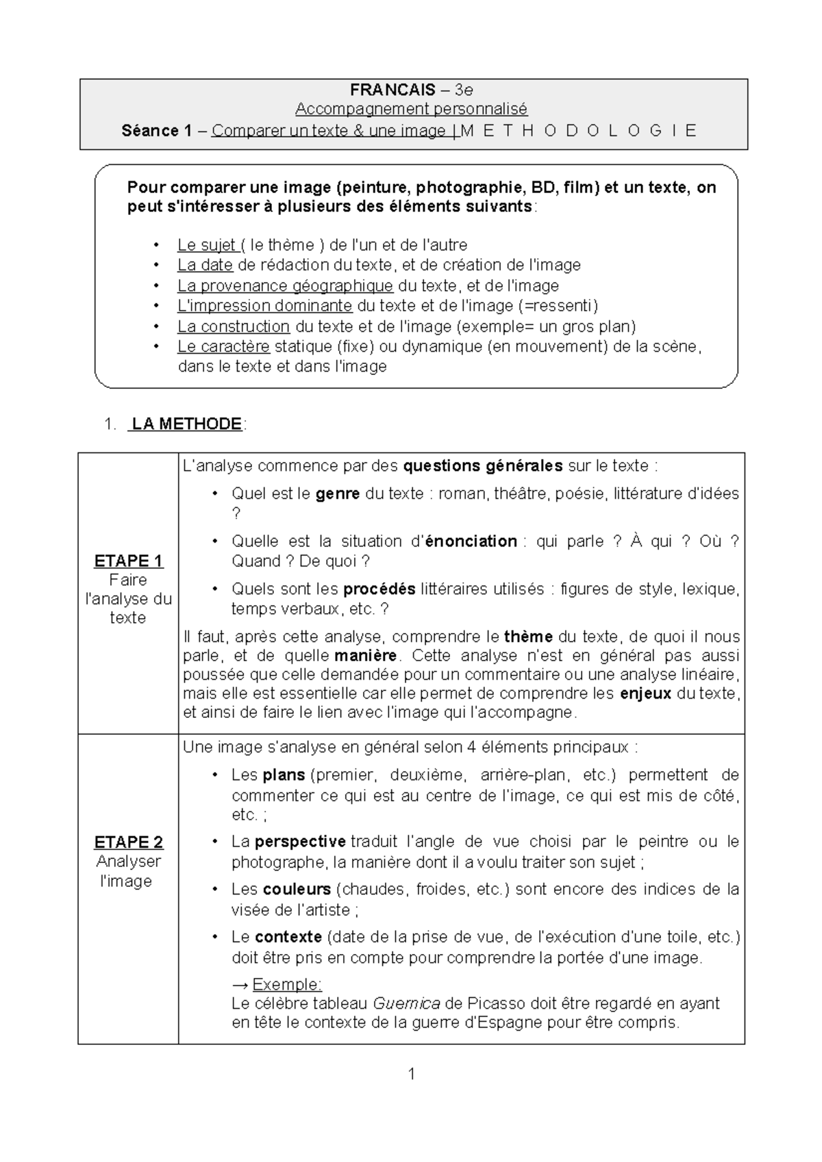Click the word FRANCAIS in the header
(x=392, y=90)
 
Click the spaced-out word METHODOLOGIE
(x=579, y=131)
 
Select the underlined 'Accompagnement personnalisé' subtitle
(x=411, y=109)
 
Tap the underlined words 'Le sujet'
(x=206, y=245)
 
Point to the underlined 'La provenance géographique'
(x=285, y=285)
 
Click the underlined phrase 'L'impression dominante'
(x=264, y=306)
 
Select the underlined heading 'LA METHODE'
(x=186, y=424)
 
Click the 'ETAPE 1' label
(x=128, y=561)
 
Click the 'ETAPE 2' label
(x=128, y=842)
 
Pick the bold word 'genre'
(x=338, y=493)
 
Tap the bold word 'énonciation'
(x=471, y=541)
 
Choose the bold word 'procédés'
(x=379, y=589)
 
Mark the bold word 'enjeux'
(x=645, y=693)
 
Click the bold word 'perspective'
(x=300, y=842)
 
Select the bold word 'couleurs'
(x=297, y=890)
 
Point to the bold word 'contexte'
(x=288, y=937)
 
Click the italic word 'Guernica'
(x=406, y=1004)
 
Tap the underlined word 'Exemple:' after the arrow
(x=287, y=985)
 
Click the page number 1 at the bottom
(x=411, y=1074)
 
